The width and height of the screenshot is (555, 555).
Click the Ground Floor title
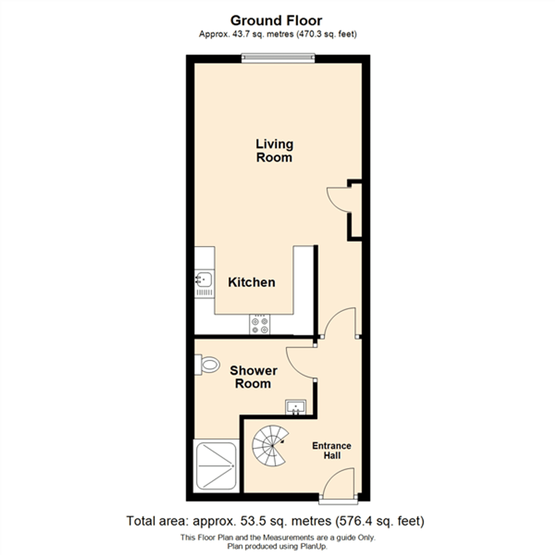(x=276, y=21)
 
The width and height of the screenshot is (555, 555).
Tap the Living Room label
(x=274, y=151)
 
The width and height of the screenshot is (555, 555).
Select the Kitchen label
(x=252, y=282)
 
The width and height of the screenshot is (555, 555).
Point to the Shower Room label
(x=253, y=377)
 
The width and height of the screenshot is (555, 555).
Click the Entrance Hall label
(x=332, y=450)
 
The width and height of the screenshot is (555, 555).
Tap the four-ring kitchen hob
(x=260, y=324)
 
